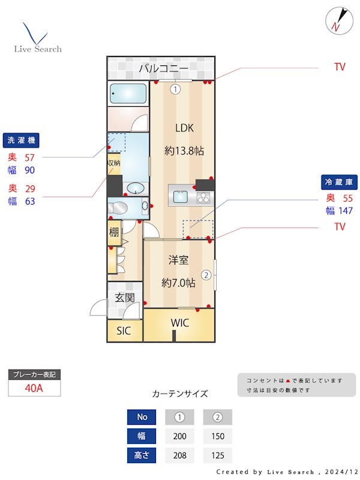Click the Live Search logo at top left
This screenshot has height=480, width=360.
pyautogui.click(x=37, y=38)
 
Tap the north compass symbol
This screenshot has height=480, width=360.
pyautogui.click(x=336, y=20)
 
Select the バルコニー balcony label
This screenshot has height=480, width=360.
pyautogui.click(x=163, y=68)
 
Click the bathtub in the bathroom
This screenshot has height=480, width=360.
pyautogui.click(x=128, y=94)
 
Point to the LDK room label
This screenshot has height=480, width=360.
pyautogui.click(x=184, y=128)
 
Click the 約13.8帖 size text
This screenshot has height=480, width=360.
pyautogui.click(x=184, y=151)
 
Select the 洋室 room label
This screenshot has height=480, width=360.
pyautogui.click(x=178, y=260)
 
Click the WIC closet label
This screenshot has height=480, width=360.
pyautogui.click(x=179, y=323)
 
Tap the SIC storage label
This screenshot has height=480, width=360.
pyautogui.click(x=124, y=331)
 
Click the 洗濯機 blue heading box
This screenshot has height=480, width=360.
pyautogui.click(x=21, y=140)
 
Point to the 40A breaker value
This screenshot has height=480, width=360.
pyautogui.click(x=34, y=388)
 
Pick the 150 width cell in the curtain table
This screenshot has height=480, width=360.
pyautogui.click(x=218, y=436)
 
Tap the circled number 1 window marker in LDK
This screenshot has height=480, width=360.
pyautogui.click(x=175, y=90)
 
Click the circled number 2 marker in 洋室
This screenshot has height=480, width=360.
pyautogui.click(x=206, y=275)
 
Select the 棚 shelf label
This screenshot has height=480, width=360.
pyautogui.click(x=113, y=233)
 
